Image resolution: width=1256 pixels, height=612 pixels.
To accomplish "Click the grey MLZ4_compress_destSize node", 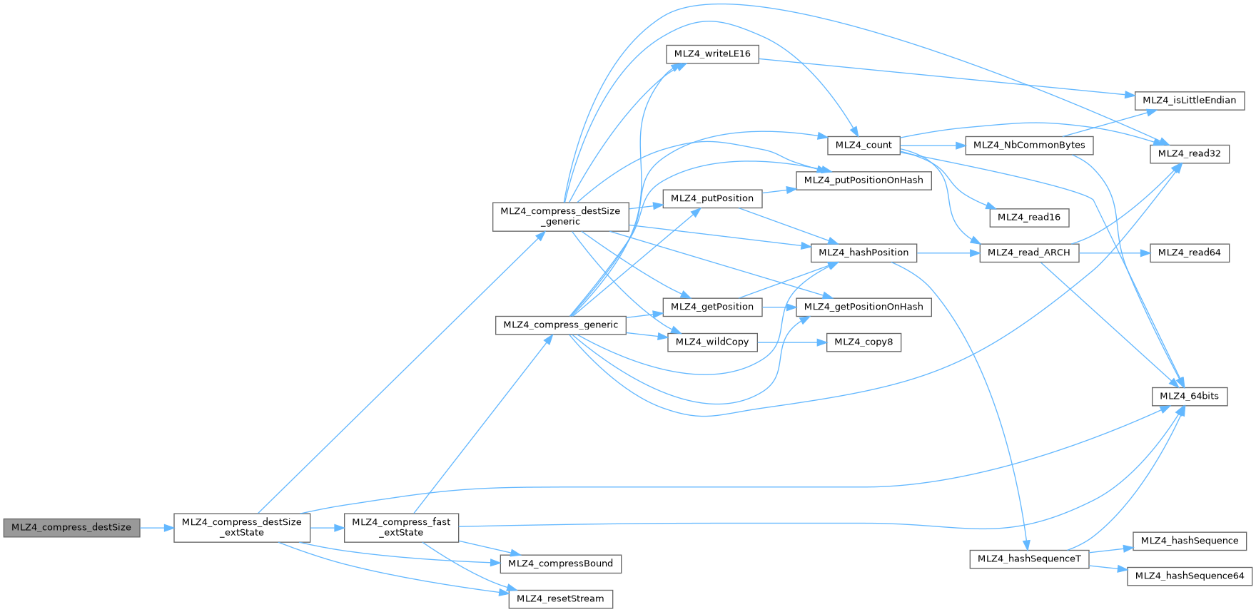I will (71, 528).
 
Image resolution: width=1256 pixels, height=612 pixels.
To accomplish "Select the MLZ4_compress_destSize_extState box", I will (242, 528).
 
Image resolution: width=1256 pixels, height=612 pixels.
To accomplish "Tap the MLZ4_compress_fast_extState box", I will (401, 528).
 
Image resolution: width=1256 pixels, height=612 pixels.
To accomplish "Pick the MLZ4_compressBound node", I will (560, 563).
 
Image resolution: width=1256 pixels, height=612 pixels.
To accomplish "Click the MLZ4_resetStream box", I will (560, 599).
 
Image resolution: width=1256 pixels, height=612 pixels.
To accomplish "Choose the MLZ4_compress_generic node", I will (560, 325).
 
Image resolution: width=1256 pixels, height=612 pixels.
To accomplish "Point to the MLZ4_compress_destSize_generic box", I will (560, 216).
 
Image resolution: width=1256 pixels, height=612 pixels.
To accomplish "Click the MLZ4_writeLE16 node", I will (712, 54).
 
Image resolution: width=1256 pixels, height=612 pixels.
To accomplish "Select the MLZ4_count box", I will (863, 145).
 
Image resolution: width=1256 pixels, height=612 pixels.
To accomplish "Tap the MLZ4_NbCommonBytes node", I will (1028, 145).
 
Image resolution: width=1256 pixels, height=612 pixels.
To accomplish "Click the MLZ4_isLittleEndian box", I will (1189, 101).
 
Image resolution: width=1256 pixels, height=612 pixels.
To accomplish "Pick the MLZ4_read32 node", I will (1189, 153).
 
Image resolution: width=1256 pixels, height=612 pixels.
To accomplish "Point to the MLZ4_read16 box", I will (1028, 218).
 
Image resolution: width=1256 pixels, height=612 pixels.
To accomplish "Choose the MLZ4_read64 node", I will (1189, 253).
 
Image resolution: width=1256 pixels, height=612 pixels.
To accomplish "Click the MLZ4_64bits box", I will (1189, 397).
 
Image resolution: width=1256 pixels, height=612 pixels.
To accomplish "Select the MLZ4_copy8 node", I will (863, 342).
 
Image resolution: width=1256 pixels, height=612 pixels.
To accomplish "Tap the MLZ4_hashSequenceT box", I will (1028, 559).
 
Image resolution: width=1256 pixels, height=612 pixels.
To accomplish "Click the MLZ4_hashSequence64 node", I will (1189, 576).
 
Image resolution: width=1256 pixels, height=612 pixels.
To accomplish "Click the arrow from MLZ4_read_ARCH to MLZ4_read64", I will (1114, 253).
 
